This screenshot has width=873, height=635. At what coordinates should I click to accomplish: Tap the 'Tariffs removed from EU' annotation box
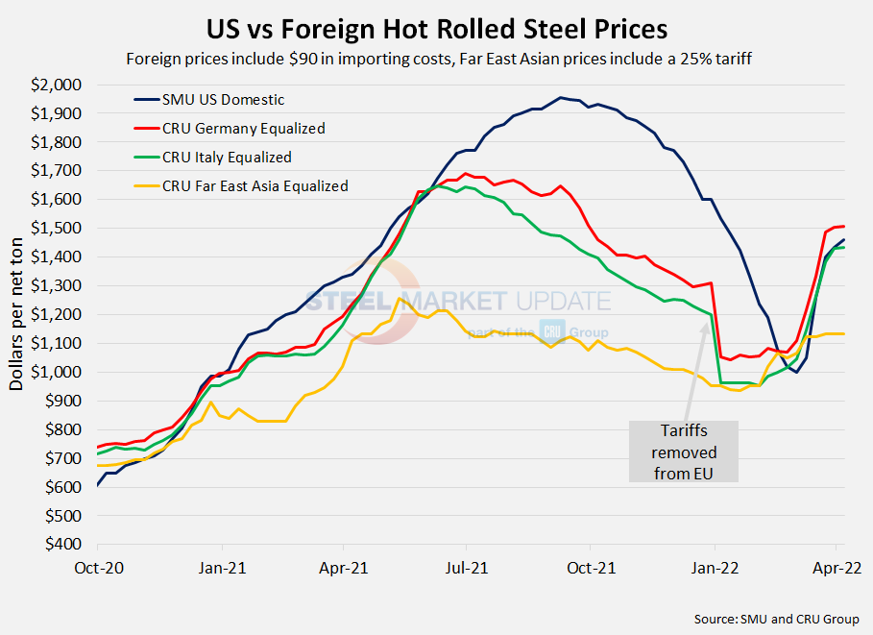click(684, 452)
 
